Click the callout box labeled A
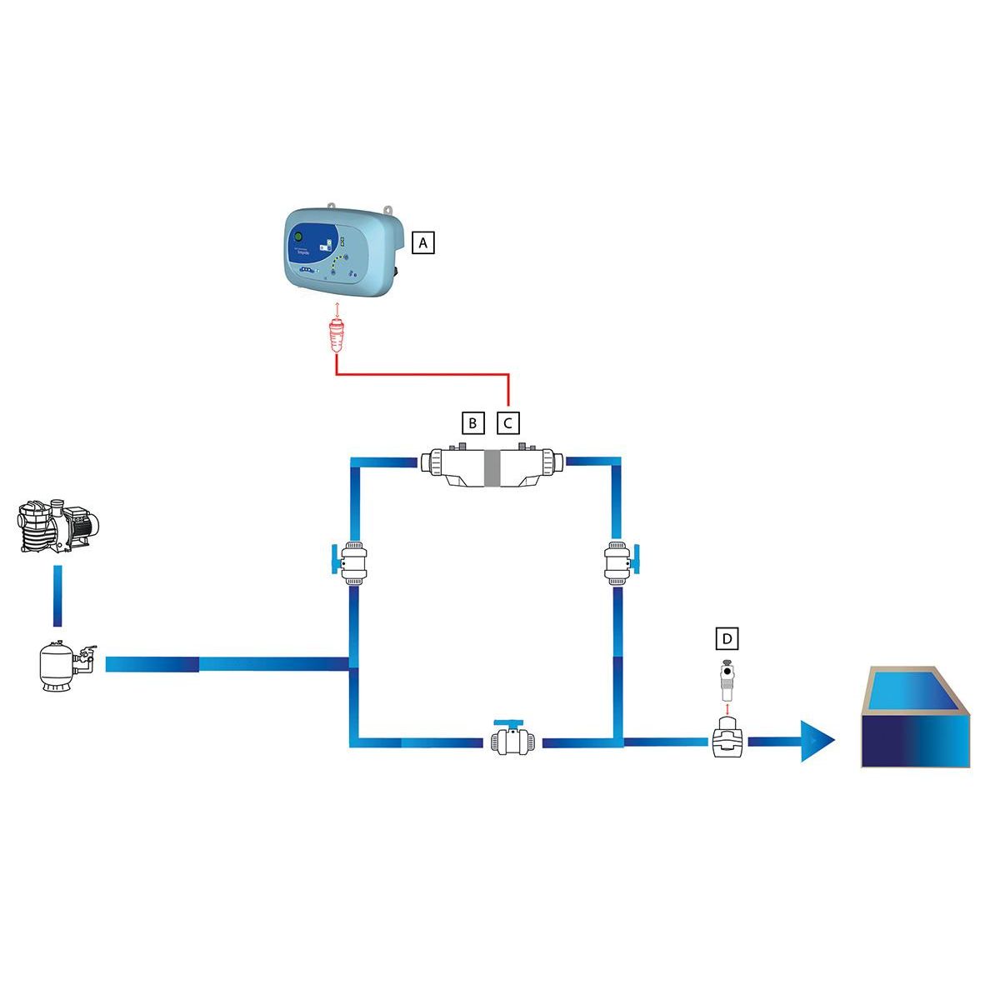(x=423, y=242)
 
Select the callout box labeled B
(x=472, y=422)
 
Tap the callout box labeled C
(x=508, y=422)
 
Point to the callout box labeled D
(x=727, y=638)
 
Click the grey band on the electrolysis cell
(x=492, y=468)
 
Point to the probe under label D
(x=727, y=680)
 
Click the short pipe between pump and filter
(x=57, y=596)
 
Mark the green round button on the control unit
(x=297, y=238)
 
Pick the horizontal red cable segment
(x=422, y=376)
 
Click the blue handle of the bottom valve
(x=507, y=722)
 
